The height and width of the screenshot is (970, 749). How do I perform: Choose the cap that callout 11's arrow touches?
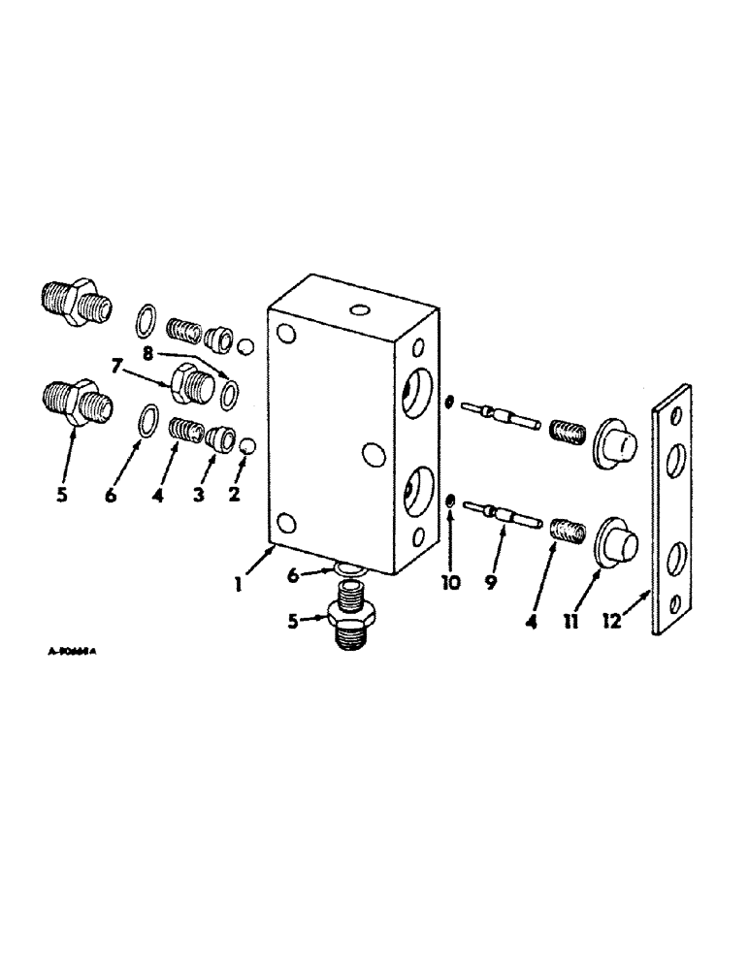tap(615, 539)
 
